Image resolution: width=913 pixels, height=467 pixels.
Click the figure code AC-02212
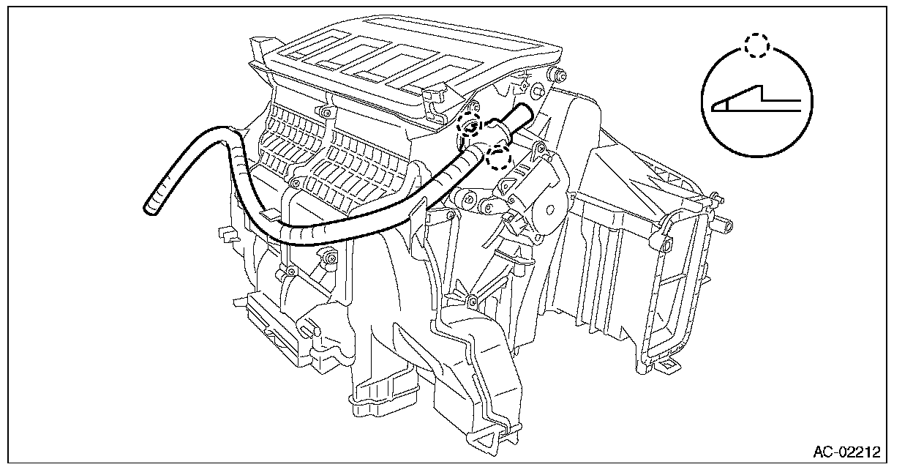pos(846,450)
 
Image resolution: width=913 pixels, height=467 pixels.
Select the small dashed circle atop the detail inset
pos(756,45)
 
